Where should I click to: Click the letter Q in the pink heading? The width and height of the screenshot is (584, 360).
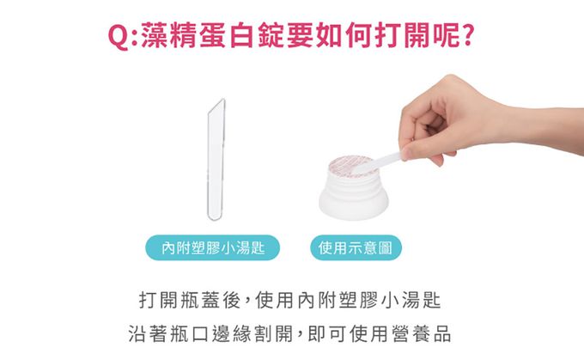(118, 37)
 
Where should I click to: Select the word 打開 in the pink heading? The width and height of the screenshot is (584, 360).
(403, 35)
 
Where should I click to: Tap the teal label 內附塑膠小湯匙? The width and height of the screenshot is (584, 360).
(212, 247)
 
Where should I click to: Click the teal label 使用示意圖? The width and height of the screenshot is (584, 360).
(356, 247)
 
